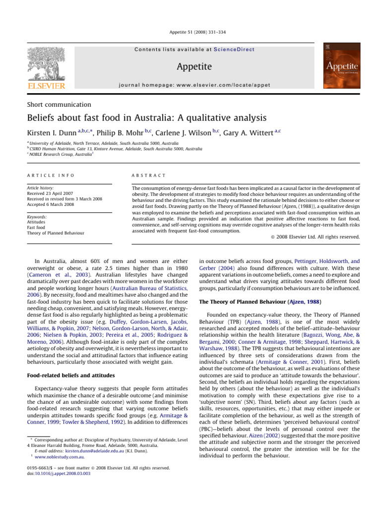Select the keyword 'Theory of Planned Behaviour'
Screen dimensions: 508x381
pyautogui.click(x=56, y=233)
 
